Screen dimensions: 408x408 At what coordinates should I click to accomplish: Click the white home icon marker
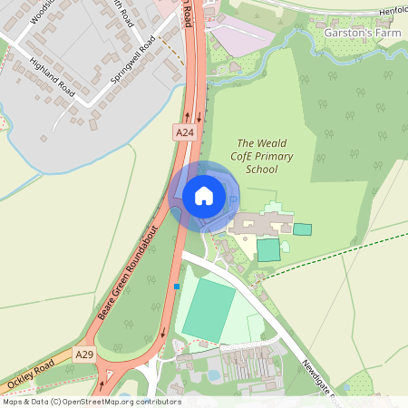point(204,195)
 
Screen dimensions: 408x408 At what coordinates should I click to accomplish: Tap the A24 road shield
point(185,132)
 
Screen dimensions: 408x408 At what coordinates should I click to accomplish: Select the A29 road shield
point(84,354)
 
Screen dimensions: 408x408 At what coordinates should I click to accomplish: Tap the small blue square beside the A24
point(177,287)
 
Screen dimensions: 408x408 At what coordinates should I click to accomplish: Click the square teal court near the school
point(268,249)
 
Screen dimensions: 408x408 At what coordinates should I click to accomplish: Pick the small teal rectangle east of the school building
point(302,229)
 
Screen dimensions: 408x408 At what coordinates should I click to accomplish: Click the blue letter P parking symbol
point(232,199)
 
